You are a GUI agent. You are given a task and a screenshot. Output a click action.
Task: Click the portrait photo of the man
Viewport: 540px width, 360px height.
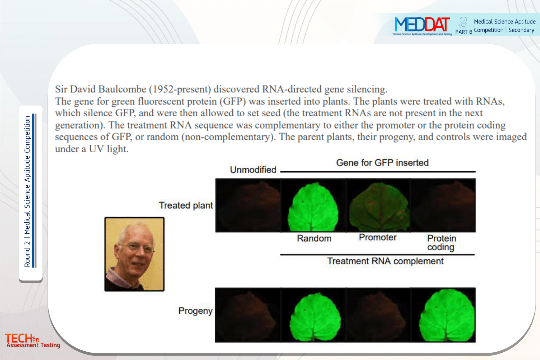click(134, 254)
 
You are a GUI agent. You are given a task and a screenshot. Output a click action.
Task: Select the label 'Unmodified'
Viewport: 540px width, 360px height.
click(253, 170)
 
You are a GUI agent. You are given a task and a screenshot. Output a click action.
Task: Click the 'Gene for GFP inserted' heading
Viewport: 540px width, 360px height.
click(382, 163)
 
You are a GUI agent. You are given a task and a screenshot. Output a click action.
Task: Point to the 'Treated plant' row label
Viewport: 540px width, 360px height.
click(186, 205)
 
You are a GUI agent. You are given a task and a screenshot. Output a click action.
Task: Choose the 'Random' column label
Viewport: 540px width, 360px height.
click(314, 238)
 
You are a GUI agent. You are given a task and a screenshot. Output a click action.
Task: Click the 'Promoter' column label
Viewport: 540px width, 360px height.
click(377, 237)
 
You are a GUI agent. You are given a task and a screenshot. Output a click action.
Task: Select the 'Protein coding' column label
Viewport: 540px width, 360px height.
click(442, 243)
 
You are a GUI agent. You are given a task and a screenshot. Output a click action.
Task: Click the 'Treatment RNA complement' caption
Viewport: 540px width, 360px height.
click(385, 261)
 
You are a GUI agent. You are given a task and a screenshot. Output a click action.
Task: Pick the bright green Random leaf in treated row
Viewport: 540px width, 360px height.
click(313, 207)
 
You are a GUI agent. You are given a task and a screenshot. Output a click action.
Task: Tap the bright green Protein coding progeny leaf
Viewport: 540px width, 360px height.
click(447, 315)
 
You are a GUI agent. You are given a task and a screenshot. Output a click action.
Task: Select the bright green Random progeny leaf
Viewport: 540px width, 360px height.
click(315, 317)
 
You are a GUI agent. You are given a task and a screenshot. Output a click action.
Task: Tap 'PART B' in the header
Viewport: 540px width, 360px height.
click(464, 32)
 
